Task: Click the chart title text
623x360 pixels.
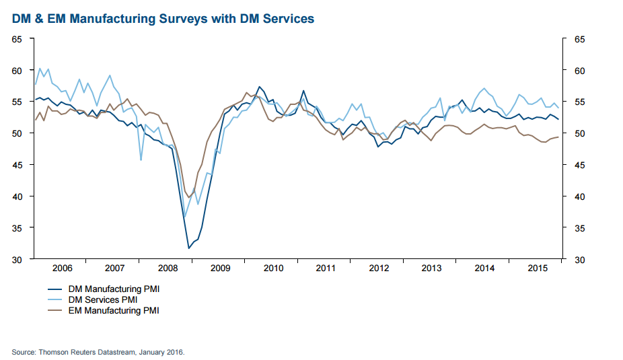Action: [163, 19]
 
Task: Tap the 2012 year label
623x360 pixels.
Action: [379, 268]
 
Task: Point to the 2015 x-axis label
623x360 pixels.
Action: [538, 268]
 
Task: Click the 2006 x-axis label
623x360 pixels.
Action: [63, 268]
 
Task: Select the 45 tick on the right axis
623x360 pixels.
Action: [578, 165]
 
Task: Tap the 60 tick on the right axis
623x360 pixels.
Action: [578, 71]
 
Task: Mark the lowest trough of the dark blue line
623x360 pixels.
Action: [189, 248]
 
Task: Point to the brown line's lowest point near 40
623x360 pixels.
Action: [188, 196]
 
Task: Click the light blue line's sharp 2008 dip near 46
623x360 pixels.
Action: [141, 159]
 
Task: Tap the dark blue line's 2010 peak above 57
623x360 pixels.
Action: [260, 87]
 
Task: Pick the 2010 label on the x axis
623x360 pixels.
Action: [274, 268]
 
